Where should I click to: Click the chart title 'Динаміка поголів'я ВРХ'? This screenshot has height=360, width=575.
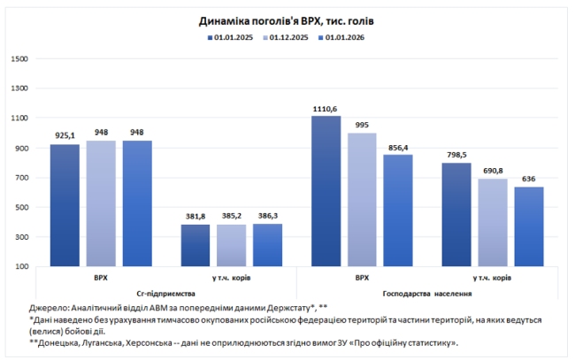[x=287, y=19]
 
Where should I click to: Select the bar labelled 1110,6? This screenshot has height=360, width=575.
[x=325, y=191]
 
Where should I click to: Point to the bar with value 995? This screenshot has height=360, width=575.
[x=362, y=200]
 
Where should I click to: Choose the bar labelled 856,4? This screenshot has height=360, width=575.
[x=398, y=211]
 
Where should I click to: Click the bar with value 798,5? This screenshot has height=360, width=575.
[x=456, y=215]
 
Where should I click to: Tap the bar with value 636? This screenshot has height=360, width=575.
[x=529, y=226]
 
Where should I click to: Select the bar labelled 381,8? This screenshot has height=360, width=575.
[x=195, y=245]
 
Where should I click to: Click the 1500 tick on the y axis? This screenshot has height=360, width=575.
[x=19, y=59]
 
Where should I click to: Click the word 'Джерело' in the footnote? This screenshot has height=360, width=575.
[x=49, y=307]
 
